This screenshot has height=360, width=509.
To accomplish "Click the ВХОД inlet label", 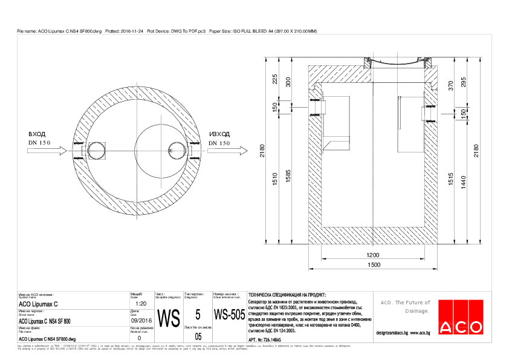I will (x=37, y=134).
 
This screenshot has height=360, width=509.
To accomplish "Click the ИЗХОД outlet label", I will (x=219, y=134).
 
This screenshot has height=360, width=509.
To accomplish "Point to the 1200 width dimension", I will (x=371, y=255).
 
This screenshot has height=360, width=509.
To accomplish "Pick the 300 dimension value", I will (x=288, y=82).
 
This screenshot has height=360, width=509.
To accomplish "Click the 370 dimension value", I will (x=451, y=85).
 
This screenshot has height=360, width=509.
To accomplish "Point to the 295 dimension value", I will (x=464, y=82).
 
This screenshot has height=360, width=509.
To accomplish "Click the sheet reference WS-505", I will (x=229, y=315).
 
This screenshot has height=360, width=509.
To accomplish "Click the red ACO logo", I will (x=461, y=318).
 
